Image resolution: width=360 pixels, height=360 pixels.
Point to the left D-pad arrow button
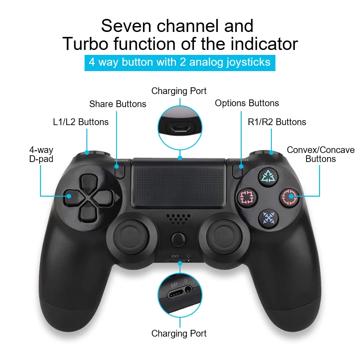[x=72, y=196]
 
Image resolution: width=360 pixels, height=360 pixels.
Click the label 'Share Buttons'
[x=117, y=104]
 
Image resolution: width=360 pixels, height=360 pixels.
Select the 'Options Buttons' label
[x=247, y=103]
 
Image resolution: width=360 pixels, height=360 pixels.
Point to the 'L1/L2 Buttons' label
[x=81, y=121]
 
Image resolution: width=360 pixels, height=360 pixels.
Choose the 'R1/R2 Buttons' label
[x=277, y=121]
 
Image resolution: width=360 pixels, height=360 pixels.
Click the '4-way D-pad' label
[x=41, y=154]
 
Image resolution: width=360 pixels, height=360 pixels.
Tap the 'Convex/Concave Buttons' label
[x=320, y=154]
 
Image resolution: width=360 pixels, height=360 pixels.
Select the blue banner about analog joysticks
[x=180, y=62]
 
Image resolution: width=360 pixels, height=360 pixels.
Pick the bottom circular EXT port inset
[x=180, y=295]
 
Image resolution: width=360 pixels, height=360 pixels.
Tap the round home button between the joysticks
[x=179, y=238]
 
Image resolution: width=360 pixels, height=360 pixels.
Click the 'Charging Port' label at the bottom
[x=179, y=333]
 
